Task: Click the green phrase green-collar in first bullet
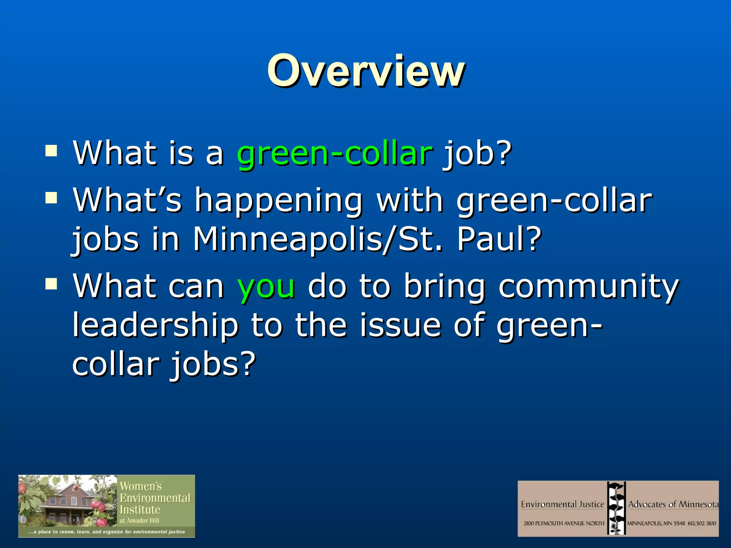[335, 153]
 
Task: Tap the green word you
[266, 286]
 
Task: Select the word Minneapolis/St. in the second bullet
[318, 239]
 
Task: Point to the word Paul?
[499, 239]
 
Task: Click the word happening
[278, 201]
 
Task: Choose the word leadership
[156, 325]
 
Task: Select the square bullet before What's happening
[51, 198]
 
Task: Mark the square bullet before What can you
[51, 284]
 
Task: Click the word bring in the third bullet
[444, 286]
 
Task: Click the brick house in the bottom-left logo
[68, 507]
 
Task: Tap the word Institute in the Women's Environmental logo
[140, 509]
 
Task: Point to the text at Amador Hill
[139, 521]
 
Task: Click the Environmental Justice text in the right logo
[562, 504]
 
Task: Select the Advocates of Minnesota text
[673, 504]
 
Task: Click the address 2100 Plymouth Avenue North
[564, 523]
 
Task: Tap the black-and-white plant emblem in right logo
[616, 508]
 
